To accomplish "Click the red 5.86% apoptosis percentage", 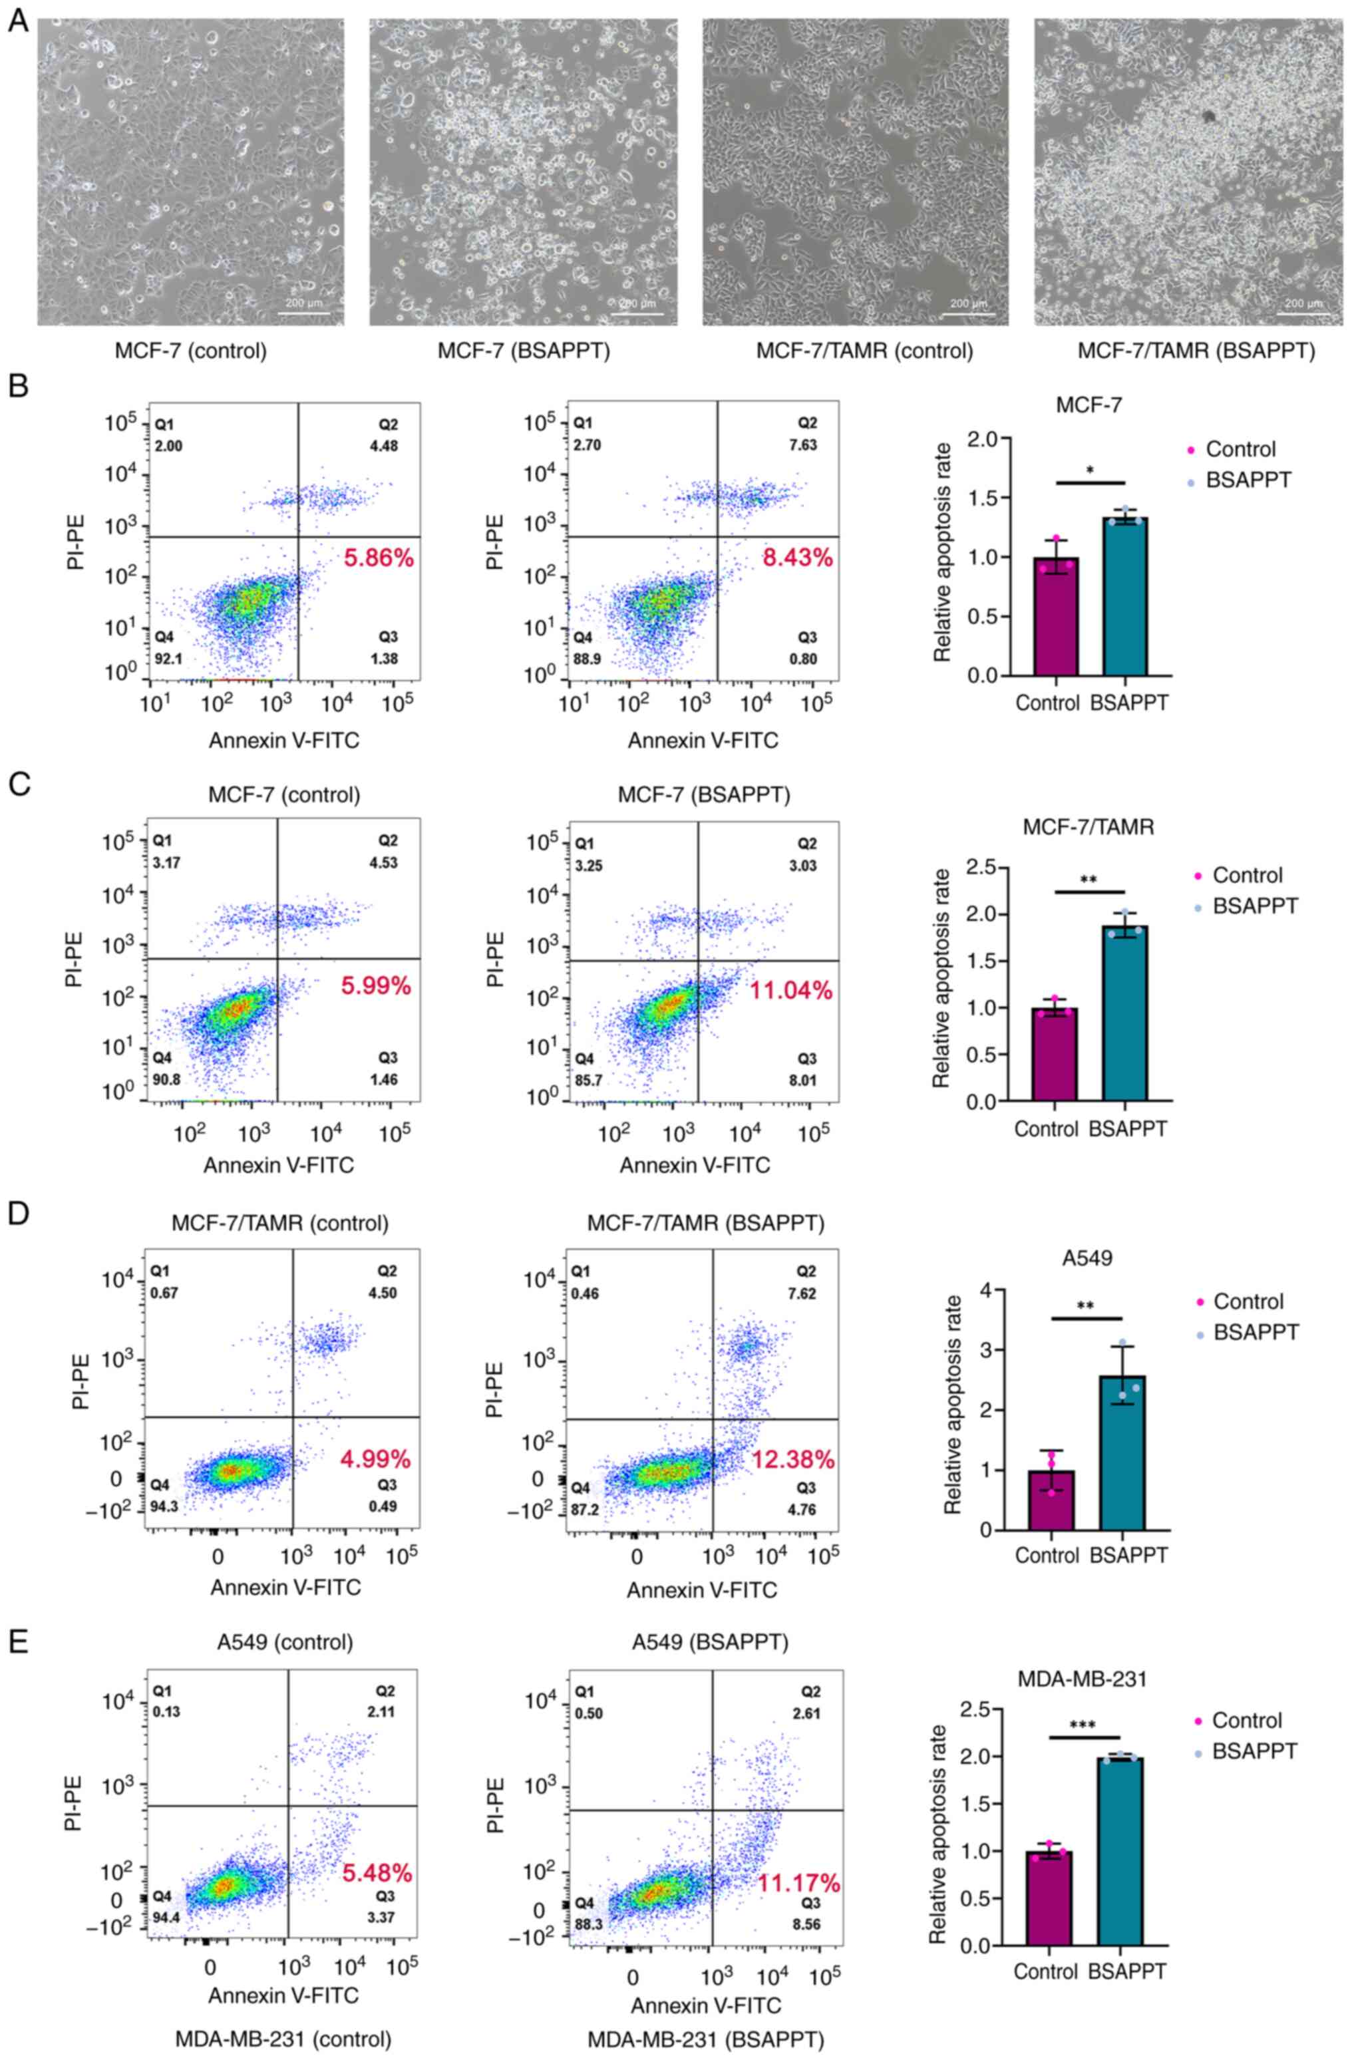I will [379, 558].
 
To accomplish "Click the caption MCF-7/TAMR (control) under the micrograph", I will [864, 352].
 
